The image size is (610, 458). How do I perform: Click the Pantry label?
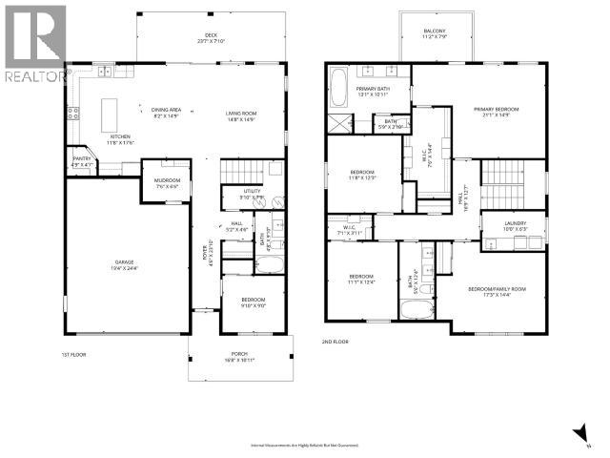coord(82,161)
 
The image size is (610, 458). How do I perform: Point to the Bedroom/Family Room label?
coord(497,291)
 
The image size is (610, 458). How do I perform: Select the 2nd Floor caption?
coord(335,341)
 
